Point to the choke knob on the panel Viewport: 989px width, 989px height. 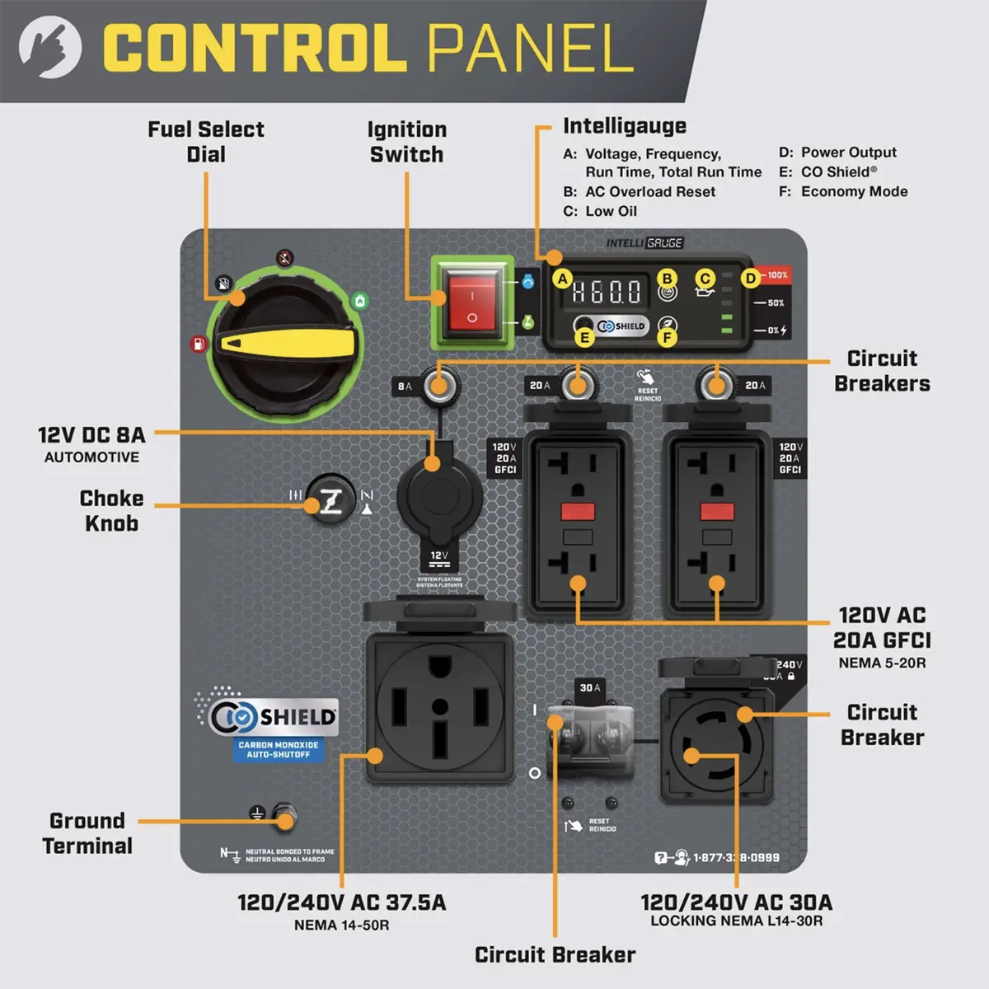331,499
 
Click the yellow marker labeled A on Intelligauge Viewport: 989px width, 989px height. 563,279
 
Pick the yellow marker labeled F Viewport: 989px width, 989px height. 667,337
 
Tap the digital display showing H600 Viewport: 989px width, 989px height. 607,292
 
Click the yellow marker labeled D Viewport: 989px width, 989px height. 750,278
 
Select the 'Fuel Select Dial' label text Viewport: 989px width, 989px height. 206,142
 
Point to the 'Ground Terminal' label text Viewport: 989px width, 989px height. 87,833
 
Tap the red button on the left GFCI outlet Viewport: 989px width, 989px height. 578,512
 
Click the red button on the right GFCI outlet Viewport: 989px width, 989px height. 717,512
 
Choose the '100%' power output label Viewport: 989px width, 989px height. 777,274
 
